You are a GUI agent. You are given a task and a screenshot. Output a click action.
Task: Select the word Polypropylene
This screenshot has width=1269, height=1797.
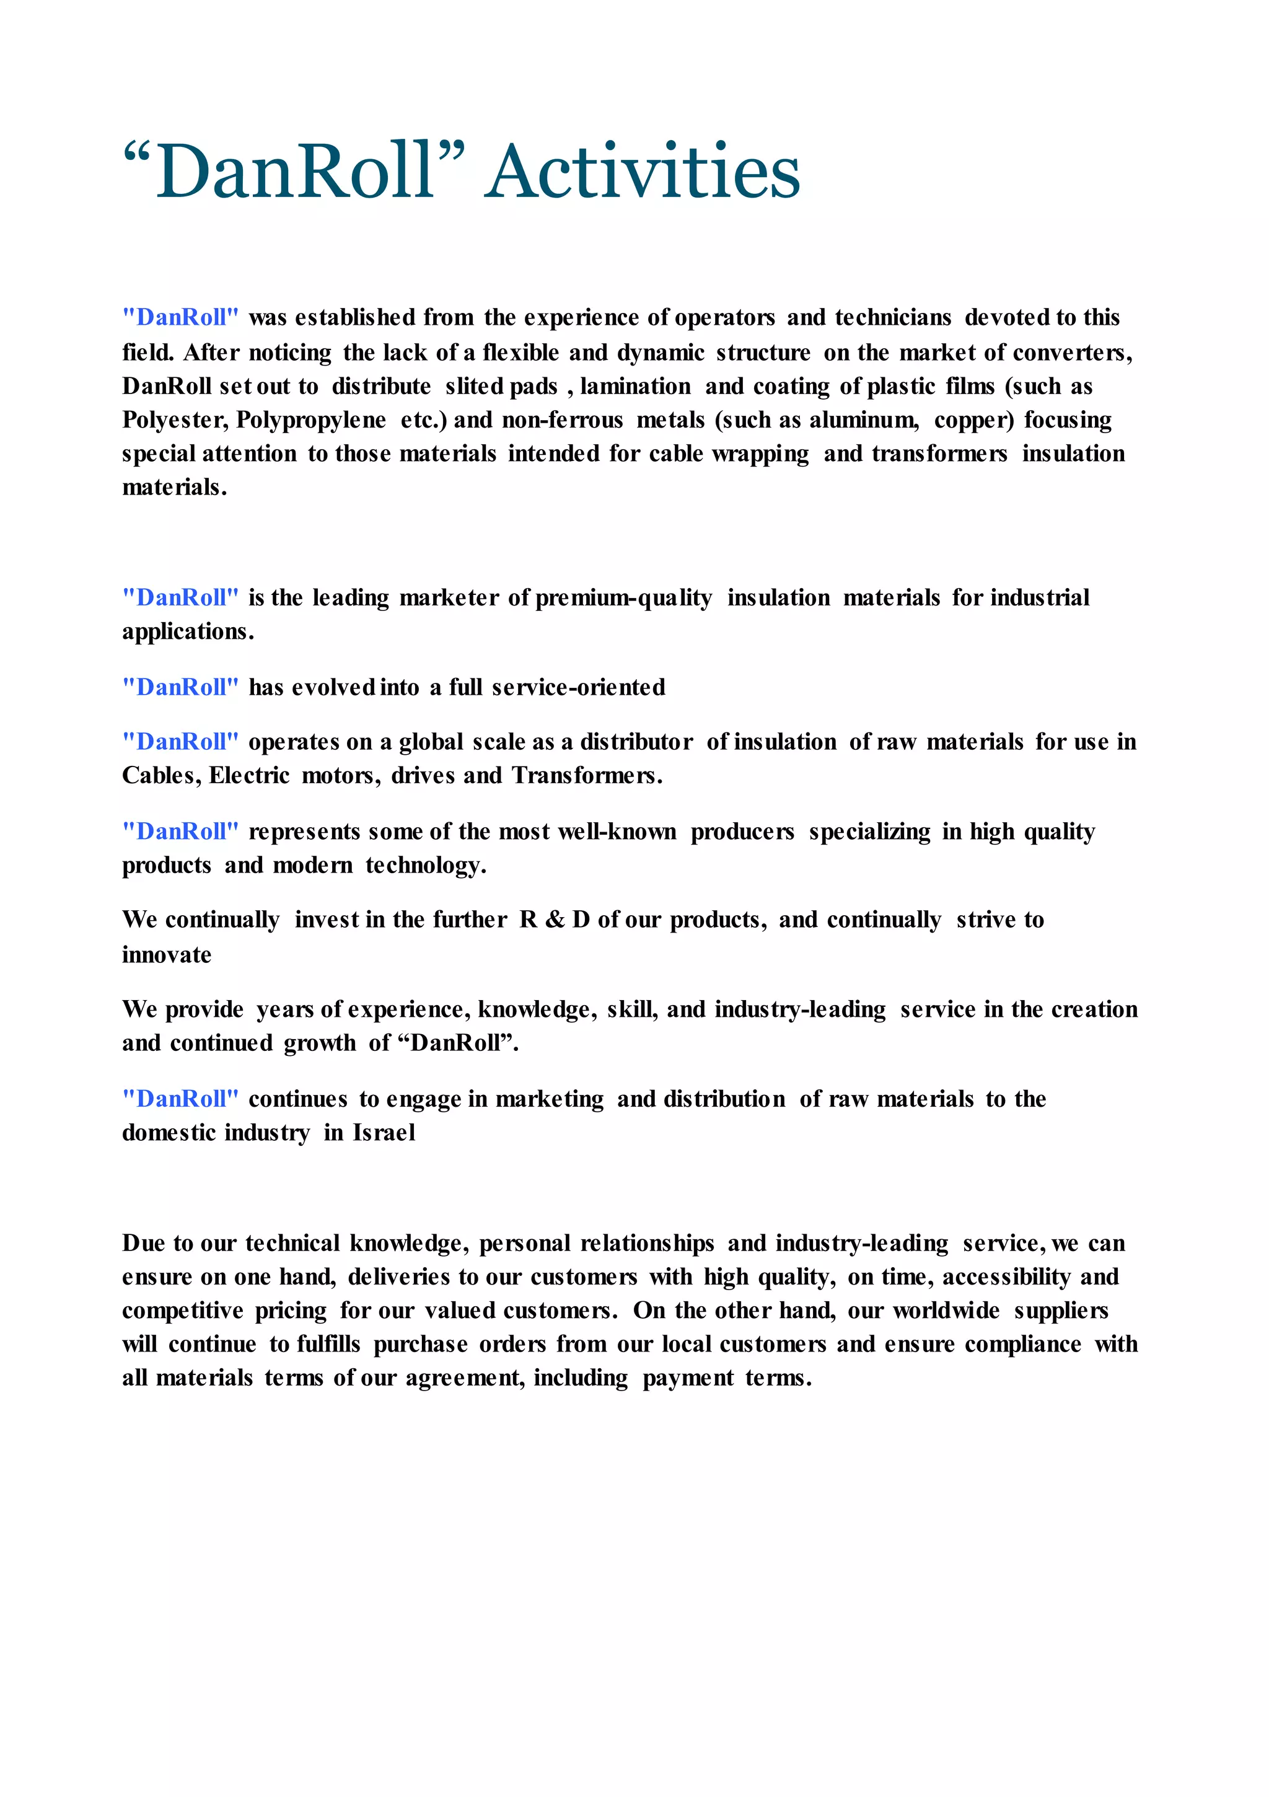pyautogui.click(x=311, y=420)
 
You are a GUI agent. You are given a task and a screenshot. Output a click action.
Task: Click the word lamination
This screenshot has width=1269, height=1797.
pyautogui.click(x=636, y=387)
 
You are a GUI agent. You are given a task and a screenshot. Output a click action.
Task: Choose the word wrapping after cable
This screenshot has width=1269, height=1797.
pyautogui.click(x=760, y=454)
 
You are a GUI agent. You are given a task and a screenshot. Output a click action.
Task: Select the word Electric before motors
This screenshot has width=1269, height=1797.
pyautogui.click(x=249, y=776)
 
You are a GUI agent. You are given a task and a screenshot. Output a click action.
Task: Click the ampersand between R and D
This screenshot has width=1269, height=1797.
pyautogui.click(x=555, y=920)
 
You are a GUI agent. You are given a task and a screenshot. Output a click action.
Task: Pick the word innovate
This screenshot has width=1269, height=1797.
pyautogui.click(x=167, y=955)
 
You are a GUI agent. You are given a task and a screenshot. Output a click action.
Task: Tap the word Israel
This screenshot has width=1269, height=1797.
pyautogui.click(x=384, y=1133)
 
